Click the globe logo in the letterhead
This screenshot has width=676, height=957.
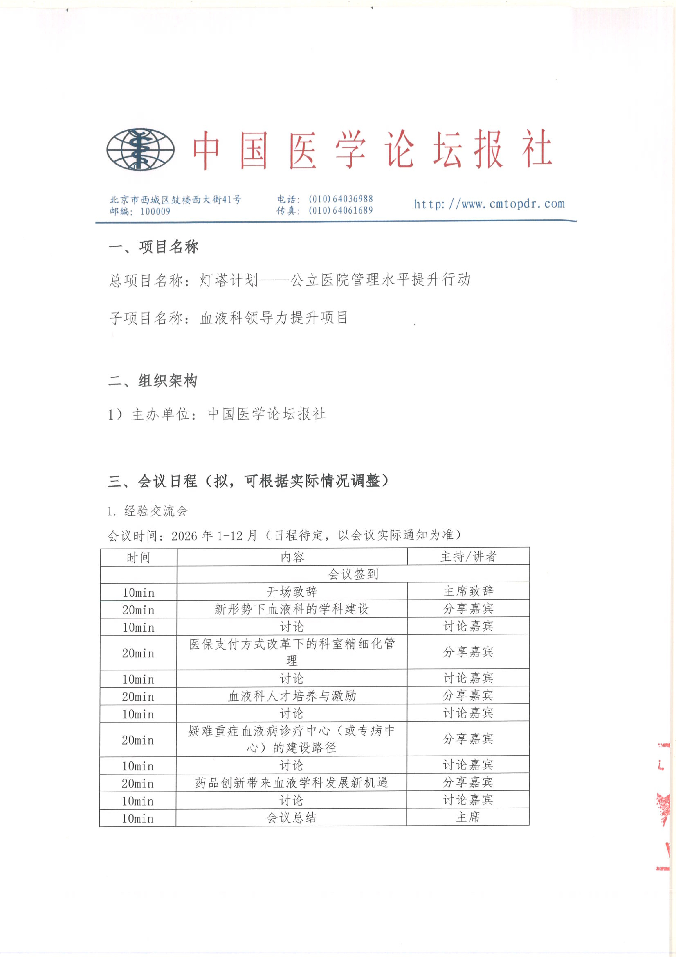pyautogui.click(x=140, y=149)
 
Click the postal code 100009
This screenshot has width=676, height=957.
pyautogui.click(x=155, y=211)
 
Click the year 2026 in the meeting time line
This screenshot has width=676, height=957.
pyautogui.click(x=184, y=536)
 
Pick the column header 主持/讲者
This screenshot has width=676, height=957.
pyautogui.click(x=468, y=556)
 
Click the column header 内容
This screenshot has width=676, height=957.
pyautogui.click(x=292, y=557)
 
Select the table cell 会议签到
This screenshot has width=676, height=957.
pyautogui.click(x=353, y=574)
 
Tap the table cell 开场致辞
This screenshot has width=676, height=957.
pyautogui.click(x=292, y=591)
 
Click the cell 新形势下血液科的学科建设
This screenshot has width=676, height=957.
pyautogui.click(x=292, y=609)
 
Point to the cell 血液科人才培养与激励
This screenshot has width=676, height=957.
pyautogui.click(x=292, y=696)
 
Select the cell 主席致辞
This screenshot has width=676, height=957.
pyautogui.click(x=468, y=591)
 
